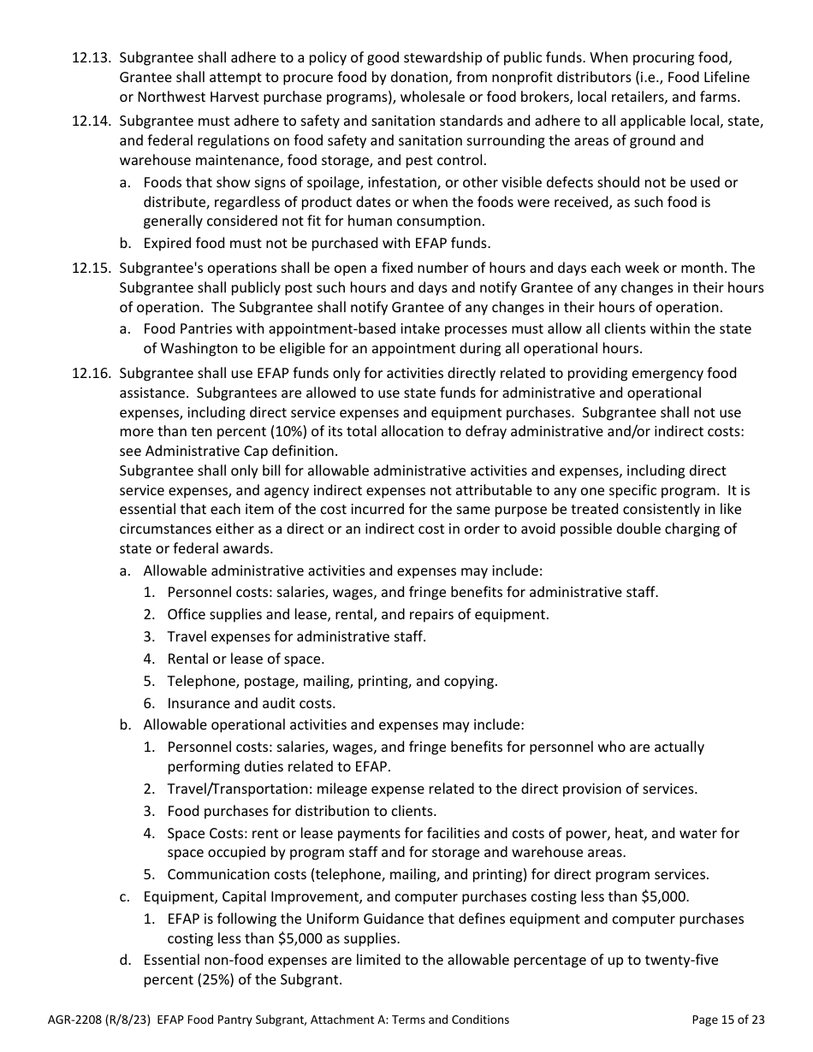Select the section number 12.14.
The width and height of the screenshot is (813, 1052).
click(x=92, y=121)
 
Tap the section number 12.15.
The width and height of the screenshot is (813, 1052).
click(x=92, y=269)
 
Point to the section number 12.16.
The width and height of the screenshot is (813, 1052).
click(x=92, y=373)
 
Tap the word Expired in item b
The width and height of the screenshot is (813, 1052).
click(x=167, y=243)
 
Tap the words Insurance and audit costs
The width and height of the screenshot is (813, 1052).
click(x=251, y=703)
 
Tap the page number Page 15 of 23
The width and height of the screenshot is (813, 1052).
click(x=727, y=1019)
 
